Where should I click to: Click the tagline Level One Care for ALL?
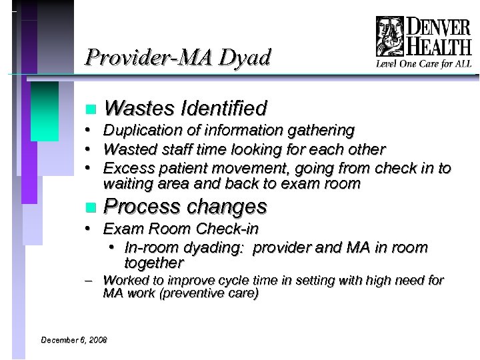tap(423, 64)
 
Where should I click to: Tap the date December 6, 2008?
tap(73, 340)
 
